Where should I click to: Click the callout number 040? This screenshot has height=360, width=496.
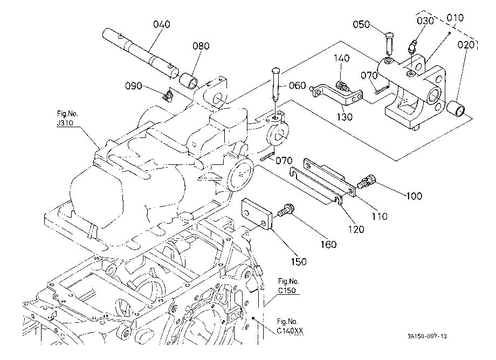161,24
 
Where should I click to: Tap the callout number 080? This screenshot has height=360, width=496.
201,46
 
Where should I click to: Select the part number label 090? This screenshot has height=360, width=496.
134,86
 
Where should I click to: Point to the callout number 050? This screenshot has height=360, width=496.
361,24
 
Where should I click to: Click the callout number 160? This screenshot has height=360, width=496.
328,244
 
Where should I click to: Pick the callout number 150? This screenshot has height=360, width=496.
299,262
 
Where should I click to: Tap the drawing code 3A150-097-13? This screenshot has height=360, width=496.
427,336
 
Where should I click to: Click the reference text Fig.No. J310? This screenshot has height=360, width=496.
67,118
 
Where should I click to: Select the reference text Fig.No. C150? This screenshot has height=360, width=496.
288,286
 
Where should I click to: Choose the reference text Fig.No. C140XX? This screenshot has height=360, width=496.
290,326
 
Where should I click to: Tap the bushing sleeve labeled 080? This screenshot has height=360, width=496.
189,81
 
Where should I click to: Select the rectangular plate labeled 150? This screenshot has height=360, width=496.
257,213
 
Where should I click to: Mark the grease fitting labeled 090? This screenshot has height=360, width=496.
168,96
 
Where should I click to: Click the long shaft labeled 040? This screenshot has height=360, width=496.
141,52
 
